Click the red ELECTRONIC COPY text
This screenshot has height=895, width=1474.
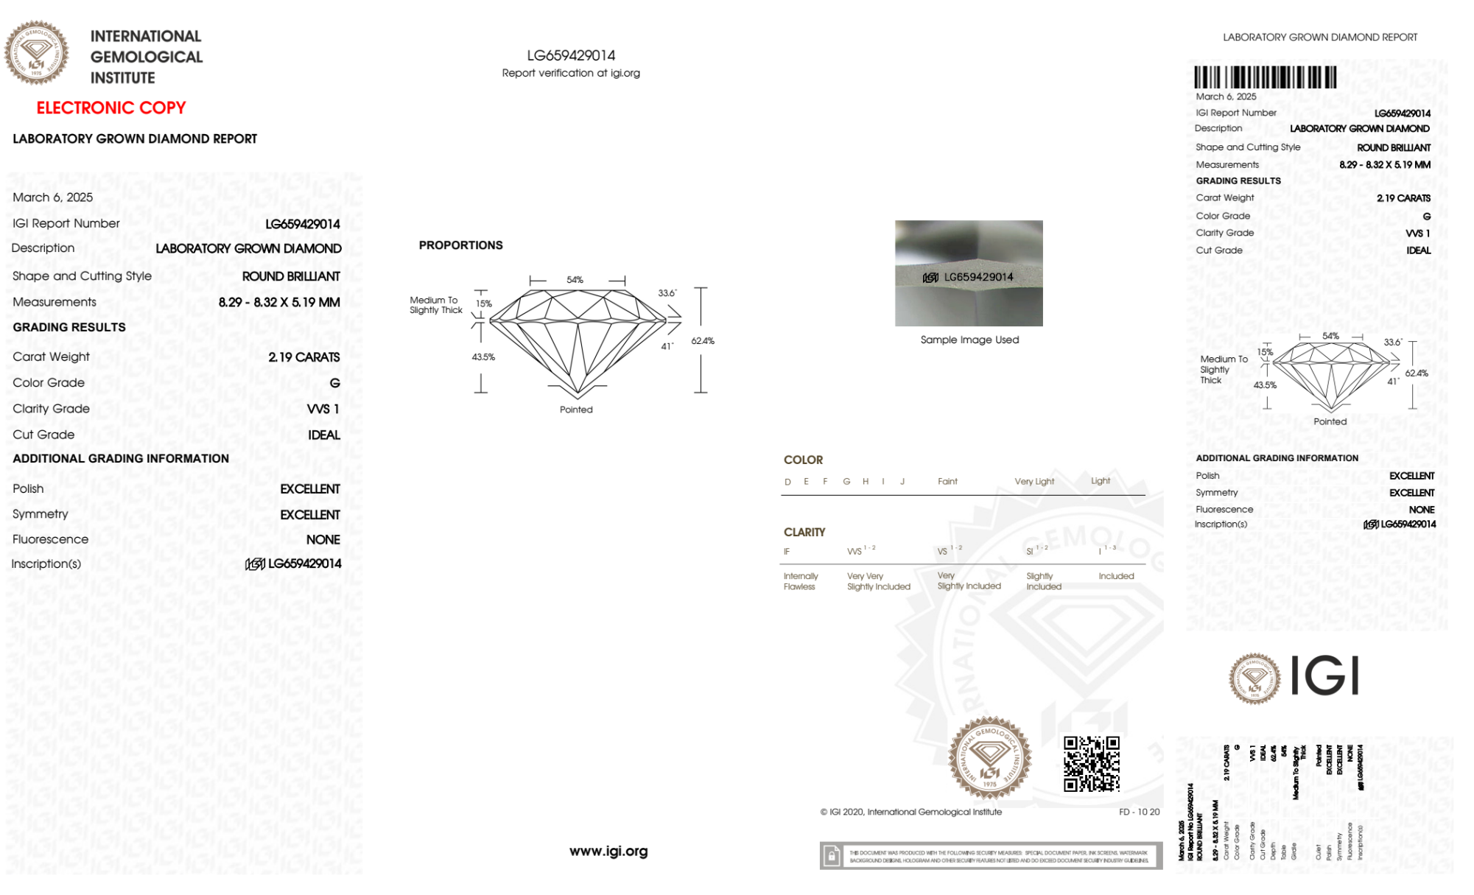point(111,108)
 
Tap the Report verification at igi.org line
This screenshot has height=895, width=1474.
point(571,73)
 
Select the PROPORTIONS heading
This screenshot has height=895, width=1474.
point(460,245)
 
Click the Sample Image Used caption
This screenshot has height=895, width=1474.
point(969,340)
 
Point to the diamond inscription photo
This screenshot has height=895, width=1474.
point(969,273)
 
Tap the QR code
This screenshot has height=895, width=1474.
point(1091,763)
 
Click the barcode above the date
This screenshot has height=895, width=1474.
point(1265,77)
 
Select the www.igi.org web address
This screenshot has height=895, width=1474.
point(608,852)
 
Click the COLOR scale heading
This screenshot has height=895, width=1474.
point(803,460)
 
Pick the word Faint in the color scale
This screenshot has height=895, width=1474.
point(947,482)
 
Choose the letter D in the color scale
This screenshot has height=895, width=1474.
point(787,482)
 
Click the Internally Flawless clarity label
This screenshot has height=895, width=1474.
point(800,581)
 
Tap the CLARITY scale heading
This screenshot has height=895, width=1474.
point(804,532)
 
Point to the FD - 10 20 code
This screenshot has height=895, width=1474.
point(1139,812)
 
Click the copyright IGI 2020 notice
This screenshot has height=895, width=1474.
point(911,812)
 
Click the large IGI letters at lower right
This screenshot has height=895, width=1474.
point(1325,675)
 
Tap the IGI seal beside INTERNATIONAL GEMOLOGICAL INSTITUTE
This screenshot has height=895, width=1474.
point(36,53)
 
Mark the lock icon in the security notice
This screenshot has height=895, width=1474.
point(832,856)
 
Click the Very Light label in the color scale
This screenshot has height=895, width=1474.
point(1034,482)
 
